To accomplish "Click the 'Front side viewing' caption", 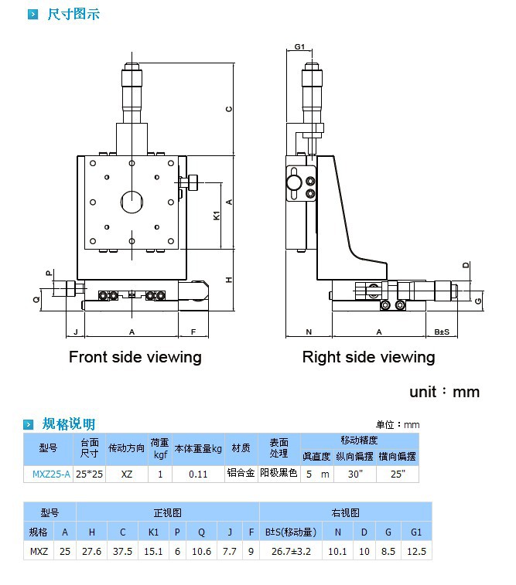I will pyautogui.click(x=135, y=357).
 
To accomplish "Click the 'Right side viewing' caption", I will pyautogui.click(x=368, y=357).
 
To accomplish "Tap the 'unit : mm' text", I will pyautogui.click(x=444, y=392).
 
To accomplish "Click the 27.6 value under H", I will pyautogui.click(x=92, y=551).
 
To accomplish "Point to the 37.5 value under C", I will pyautogui.click(x=123, y=551).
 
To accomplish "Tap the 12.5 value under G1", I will pyautogui.click(x=417, y=551).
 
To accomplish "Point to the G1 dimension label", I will pyautogui.click(x=299, y=46).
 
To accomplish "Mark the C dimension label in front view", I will pyautogui.click(x=229, y=109).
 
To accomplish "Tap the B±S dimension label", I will pyautogui.click(x=442, y=332).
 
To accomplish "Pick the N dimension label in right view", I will pyautogui.click(x=308, y=332).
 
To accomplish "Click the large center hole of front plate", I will pyautogui.click(x=132, y=202).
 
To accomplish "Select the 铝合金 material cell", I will pyautogui.click(x=241, y=473).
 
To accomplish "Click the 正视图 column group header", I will pyautogui.click(x=167, y=512).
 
